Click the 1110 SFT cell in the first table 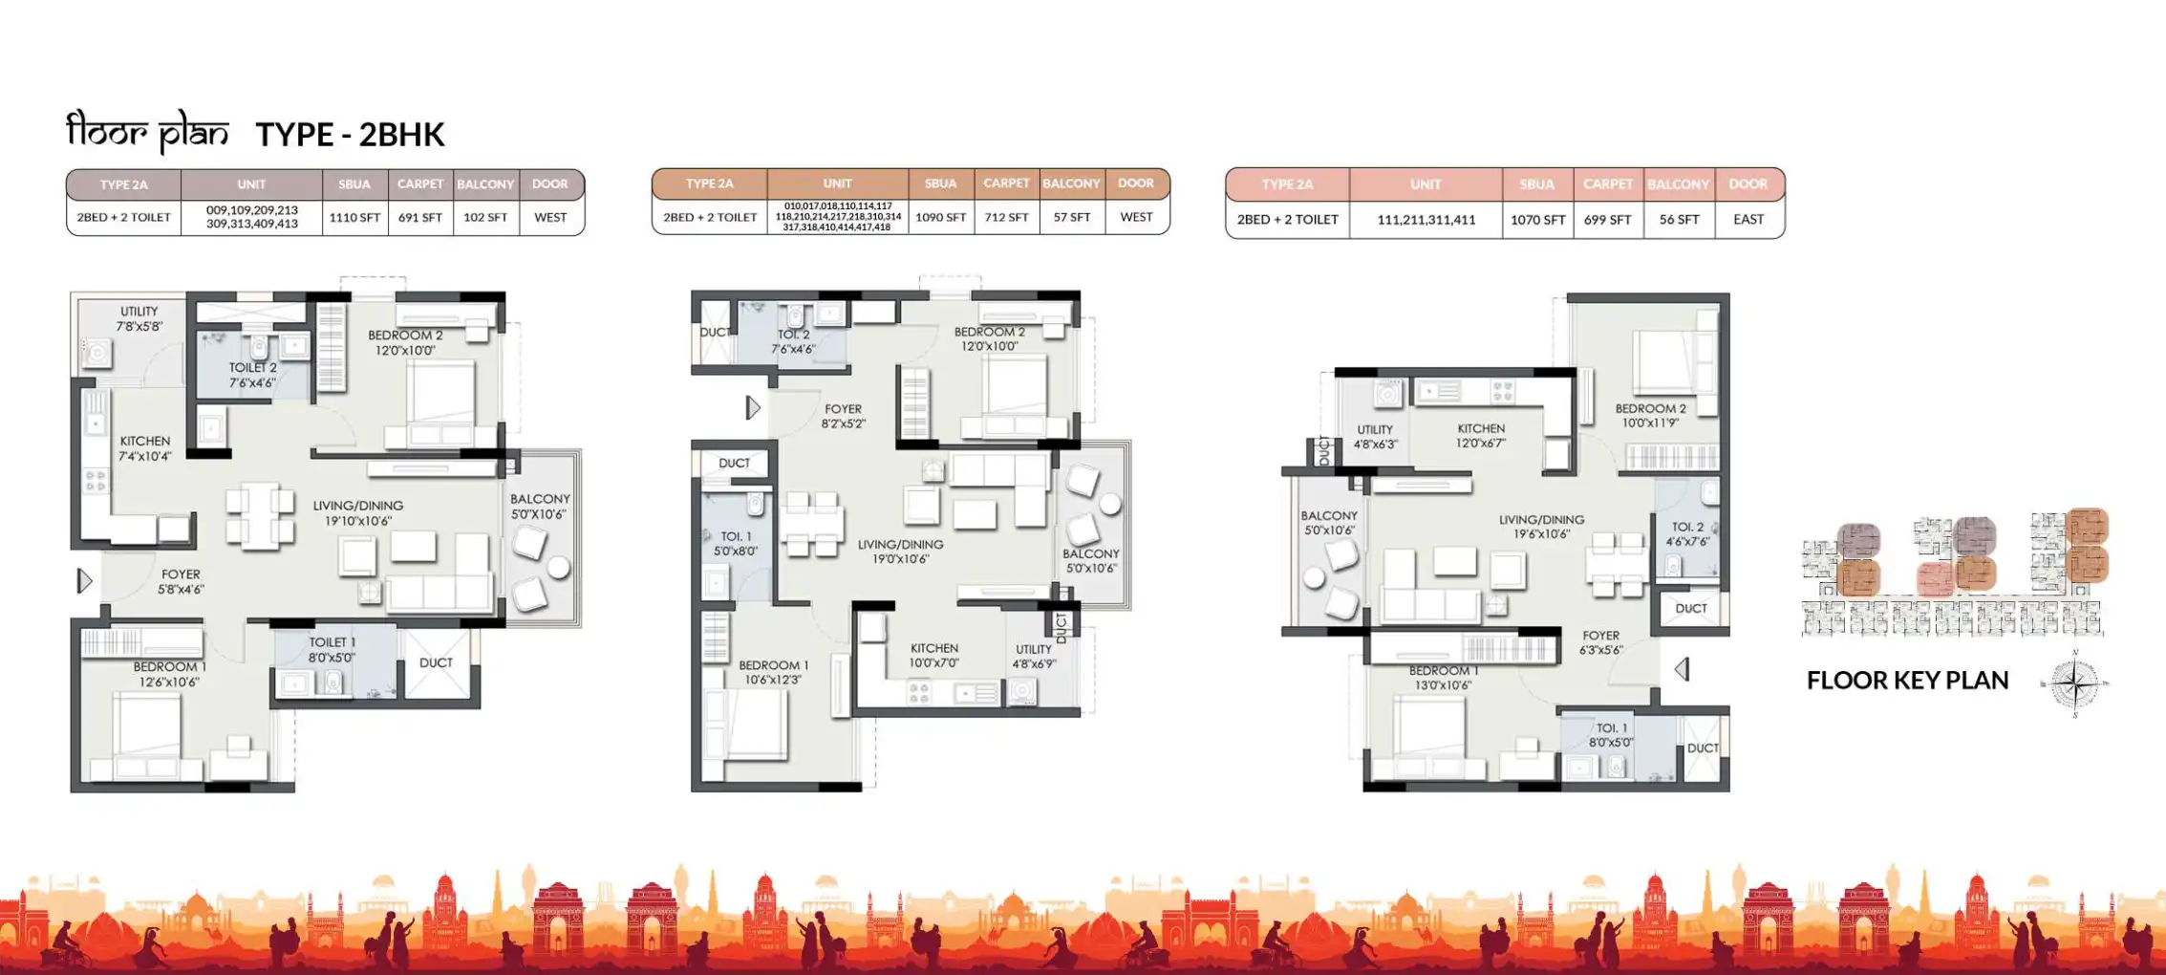click(x=354, y=218)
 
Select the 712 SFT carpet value click(x=1006, y=217)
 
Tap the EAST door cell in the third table click(x=1748, y=219)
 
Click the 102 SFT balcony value click(x=485, y=218)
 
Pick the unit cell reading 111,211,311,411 click(x=1426, y=219)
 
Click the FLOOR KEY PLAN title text click(x=1907, y=681)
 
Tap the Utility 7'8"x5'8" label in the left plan click(x=139, y=318)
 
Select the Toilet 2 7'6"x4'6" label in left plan click(x=252, y=375)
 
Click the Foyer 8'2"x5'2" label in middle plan click(x=843, y=416)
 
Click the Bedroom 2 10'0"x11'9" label click(x=1650, y=415)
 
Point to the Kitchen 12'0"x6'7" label click(x=1481, y=436)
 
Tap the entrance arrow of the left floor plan click(x=85, y=580)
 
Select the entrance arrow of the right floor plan click(x=1683, y=669)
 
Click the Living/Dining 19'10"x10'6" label click(x=358, y=513)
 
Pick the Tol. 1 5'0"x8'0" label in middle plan click(x=736, y=544)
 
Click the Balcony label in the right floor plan click(x=1328, y=522)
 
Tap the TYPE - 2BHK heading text click(x=350, y=135)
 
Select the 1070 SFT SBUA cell click(x=1537, y=219)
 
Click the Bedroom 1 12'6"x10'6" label click(x=169, y=674)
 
